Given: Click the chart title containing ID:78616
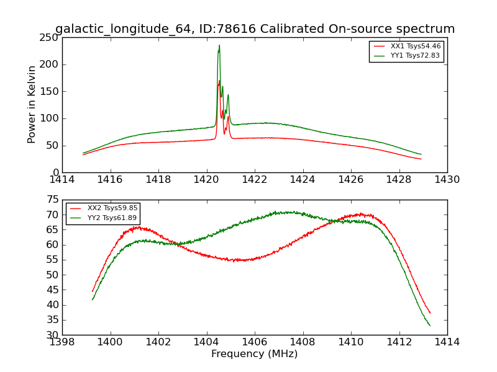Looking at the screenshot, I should click(255, 29).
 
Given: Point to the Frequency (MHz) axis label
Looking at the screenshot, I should click(254, 354).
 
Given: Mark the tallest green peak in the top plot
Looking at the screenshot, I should click(219, 45).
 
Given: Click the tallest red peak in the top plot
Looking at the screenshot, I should click(219, 81).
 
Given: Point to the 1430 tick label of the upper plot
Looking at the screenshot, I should click(447, 180).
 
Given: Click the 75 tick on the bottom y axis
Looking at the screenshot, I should click(52, 200).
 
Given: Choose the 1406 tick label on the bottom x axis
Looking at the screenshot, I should click(254, 342).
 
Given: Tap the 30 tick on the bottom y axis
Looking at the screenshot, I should click(52, 335).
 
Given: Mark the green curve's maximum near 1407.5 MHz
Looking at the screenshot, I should click(286, 212).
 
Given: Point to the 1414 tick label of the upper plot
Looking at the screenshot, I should click(62, 180).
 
